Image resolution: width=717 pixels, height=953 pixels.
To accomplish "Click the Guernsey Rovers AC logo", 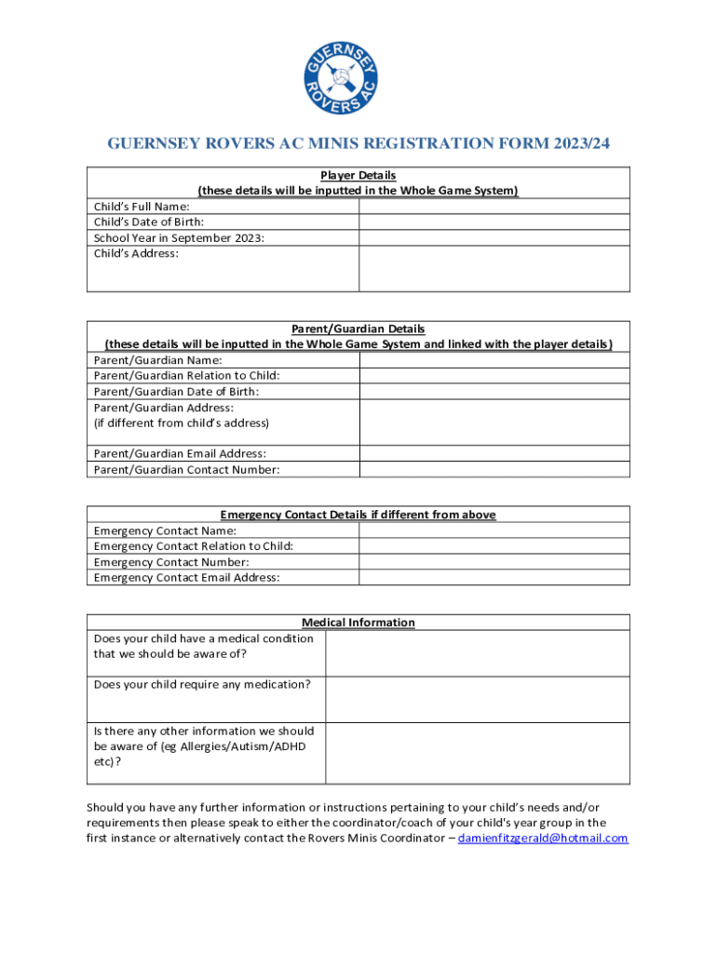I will point(358,71).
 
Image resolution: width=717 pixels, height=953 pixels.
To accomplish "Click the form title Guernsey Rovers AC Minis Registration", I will point(358,143).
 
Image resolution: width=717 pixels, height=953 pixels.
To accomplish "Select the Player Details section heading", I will point(358,175).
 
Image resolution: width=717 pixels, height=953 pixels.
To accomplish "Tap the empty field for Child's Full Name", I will point(494,207).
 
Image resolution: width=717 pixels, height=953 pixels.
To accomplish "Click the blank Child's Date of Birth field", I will point(494,222).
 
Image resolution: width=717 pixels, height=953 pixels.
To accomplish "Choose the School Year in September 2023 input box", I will point(494,238).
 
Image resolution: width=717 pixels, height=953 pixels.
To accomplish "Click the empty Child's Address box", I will point(494,269).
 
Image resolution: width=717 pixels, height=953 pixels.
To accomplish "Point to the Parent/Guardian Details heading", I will point(358,329).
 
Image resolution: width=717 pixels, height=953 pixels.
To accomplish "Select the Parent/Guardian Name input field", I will point(494,360).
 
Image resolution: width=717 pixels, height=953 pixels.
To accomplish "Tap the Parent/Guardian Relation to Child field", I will point(494,376).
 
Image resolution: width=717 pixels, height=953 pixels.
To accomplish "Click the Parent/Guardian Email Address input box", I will point(494,453).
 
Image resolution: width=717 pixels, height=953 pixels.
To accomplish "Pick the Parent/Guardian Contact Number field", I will point(494,469).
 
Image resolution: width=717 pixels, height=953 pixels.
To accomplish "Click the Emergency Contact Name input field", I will point(494,530).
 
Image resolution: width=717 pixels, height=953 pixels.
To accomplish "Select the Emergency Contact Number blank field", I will point(494,562).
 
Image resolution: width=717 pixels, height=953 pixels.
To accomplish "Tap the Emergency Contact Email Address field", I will point(494,578).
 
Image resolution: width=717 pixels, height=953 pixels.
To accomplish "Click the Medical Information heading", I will point(358,623).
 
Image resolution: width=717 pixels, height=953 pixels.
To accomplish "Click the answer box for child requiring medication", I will point(478,699).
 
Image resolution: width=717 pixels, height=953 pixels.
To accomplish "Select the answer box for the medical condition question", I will point(478,653).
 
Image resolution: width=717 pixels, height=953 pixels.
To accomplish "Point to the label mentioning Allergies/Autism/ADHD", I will point(204,746).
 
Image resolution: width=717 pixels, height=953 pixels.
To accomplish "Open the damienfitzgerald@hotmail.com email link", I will point(543,839).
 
